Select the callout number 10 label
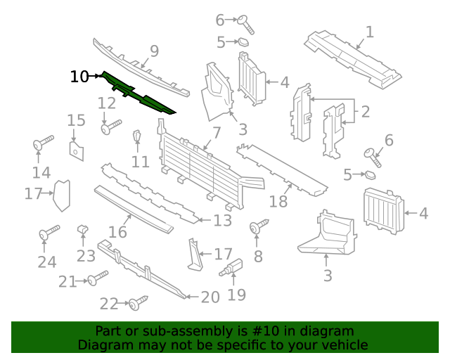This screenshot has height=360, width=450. coord(79,77)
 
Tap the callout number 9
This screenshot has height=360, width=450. coord(153,51)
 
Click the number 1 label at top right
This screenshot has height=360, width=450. coord(369,32)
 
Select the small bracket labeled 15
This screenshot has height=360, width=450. coord(76,148)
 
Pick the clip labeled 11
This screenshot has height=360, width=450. coord(138,138)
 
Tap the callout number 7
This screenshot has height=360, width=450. coord(216,132)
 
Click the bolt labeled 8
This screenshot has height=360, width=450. coord(259,226)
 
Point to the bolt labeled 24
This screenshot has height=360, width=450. coord(47,232)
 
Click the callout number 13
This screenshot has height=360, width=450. coord(222,221)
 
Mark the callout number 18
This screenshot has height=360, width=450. coord(279,202)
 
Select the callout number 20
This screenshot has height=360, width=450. coord(210,297)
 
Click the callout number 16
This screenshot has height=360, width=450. coord(117,232)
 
